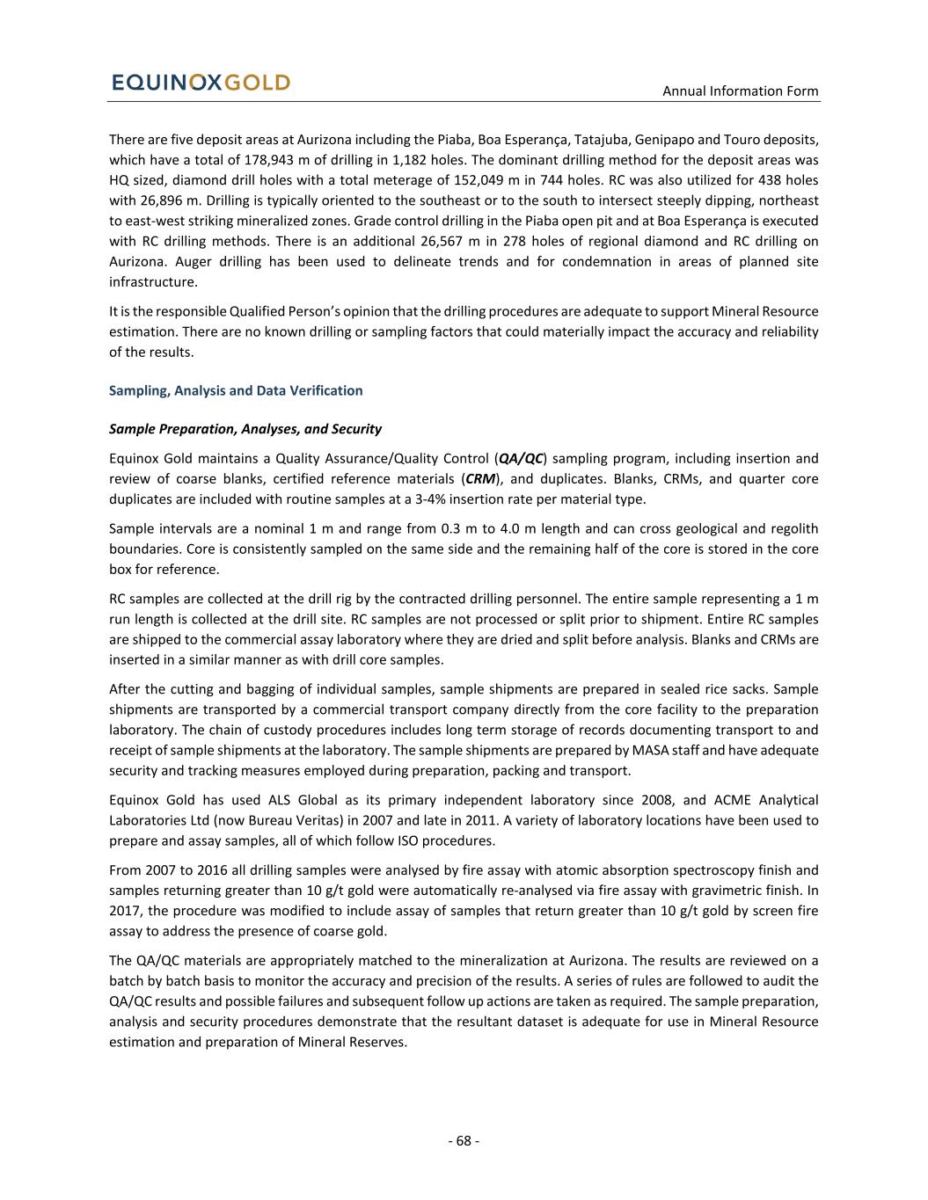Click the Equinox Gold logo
coord(201,83)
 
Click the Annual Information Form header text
coord(740,91)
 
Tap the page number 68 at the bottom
coord(464,1141)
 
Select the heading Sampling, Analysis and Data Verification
coord(235,390)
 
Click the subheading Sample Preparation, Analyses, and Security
coord(245,429)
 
